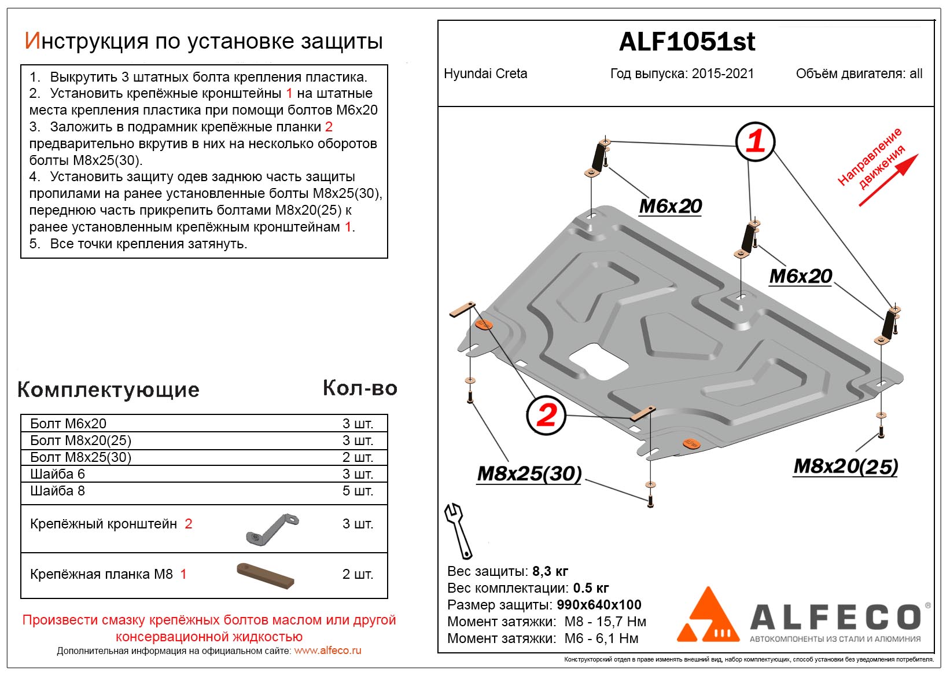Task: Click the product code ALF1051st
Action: [687, 42]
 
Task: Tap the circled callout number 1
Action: [755, 141]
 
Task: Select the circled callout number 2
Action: [546, 415]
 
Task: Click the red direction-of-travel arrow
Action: [888, 180]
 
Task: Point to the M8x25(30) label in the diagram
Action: [529, 473]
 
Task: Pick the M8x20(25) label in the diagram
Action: [845, 466]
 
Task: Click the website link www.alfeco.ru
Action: [327, 651]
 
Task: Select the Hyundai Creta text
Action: [485, 74]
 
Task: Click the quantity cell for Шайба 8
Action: [358, 491]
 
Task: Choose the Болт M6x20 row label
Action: [68, 424]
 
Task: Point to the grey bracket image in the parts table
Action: [273, 528]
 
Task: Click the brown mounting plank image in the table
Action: [266, 575]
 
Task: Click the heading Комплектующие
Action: [108, 390]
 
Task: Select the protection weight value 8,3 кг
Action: [550, 571]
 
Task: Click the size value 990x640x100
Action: [599, 605]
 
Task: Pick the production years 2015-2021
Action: [723, 74]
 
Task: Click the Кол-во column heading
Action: [360, 388]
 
